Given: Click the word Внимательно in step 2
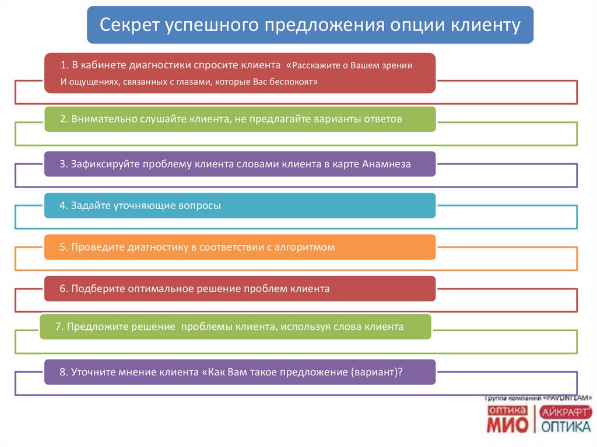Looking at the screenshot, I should click(104, 119).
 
